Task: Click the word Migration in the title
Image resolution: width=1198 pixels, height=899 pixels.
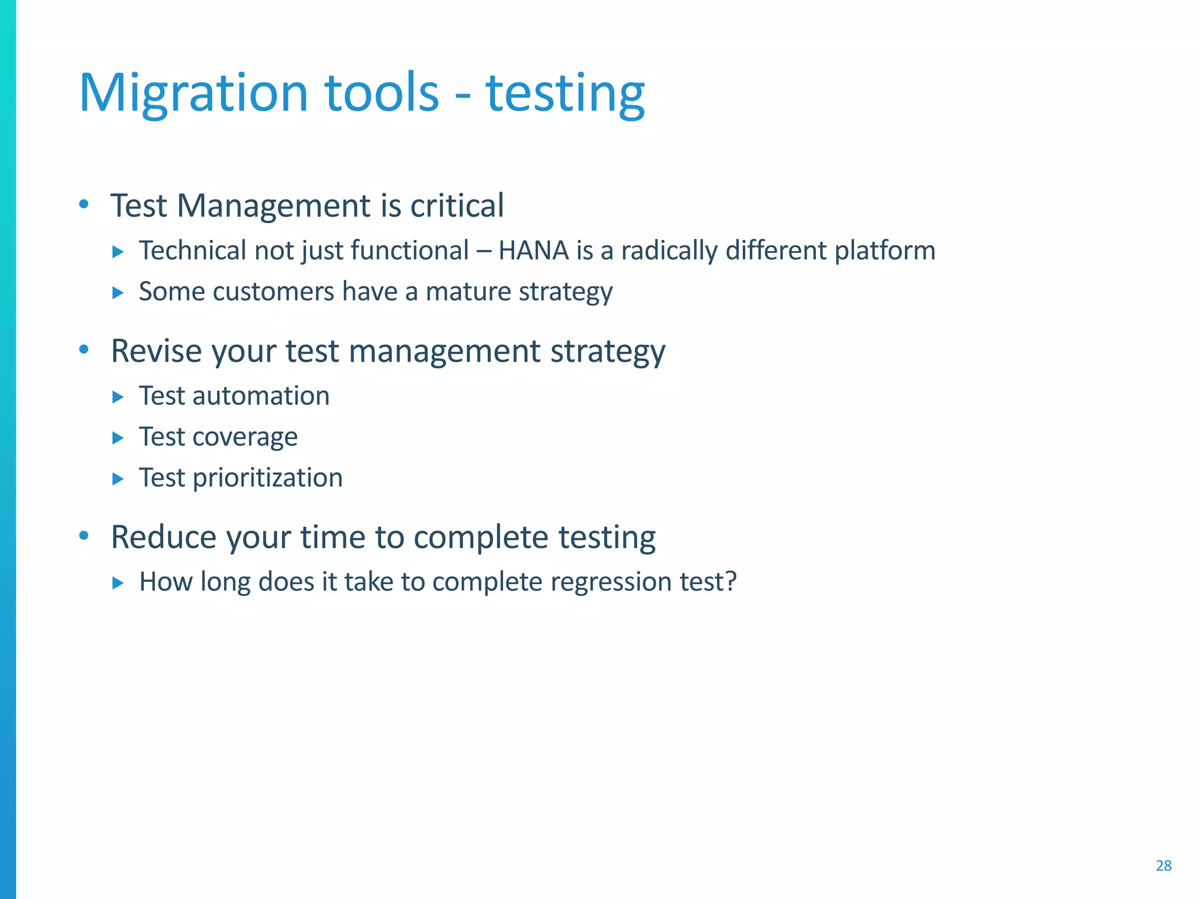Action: coord(193,94)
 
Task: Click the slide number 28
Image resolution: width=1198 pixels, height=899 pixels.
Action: coord(1163,866)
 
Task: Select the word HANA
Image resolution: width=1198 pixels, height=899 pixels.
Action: coord(533,251)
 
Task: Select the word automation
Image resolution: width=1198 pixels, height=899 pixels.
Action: coord(261,396)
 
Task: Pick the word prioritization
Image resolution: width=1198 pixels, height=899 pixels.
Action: coord(267,478)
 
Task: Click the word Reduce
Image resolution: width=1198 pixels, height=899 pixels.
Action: coord(163,537)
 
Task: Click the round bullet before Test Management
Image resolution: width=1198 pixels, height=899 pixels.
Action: coord(84,205)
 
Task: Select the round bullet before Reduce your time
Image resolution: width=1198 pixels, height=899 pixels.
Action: coord(84,536)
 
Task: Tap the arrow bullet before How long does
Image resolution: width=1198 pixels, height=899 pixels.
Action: coord(118,583)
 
